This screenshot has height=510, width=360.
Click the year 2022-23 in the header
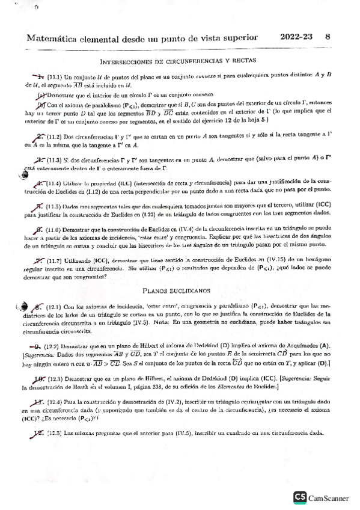coord(297,35)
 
